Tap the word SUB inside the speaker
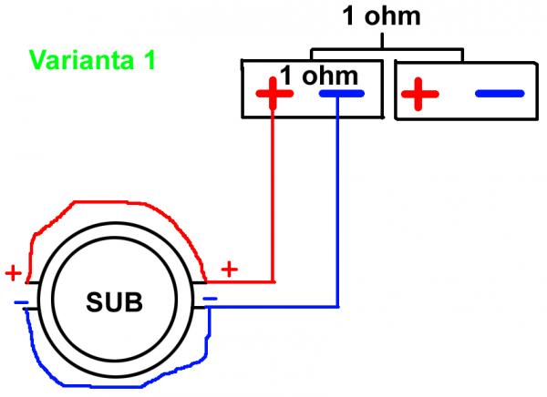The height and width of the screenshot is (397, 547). [x=115, y=301]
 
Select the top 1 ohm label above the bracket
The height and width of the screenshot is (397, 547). [x=383, y=16]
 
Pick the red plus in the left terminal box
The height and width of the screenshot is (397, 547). [x=273, y=94]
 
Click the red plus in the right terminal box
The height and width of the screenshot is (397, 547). [x=417, y=94]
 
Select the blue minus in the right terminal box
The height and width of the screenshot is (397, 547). [x=499, y=94]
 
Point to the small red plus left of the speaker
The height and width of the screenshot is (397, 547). [x=14, y=272]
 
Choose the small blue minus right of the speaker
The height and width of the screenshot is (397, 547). [x=210, y=298]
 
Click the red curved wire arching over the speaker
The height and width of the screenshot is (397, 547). [x=109, y=207]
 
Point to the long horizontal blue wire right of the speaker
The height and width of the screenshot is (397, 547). [x=273, y=307]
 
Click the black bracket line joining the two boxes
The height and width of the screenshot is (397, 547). [x=383, y=47]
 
